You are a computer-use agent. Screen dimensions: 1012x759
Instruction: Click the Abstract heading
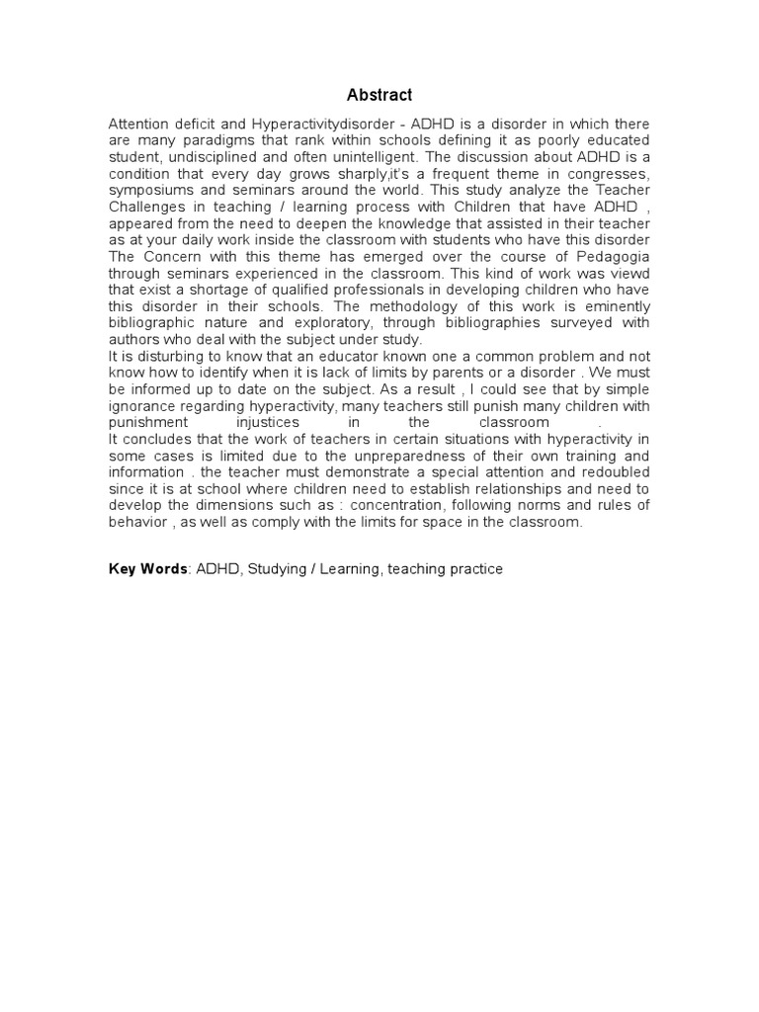[379, 95]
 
